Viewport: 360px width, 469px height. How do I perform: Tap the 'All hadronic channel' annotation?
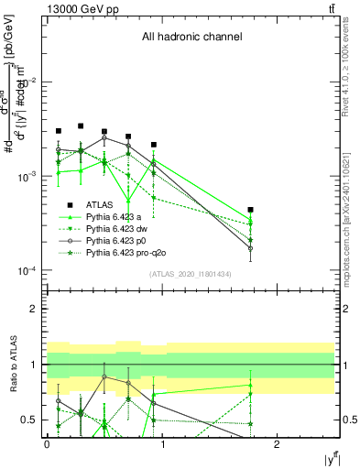[191, 38]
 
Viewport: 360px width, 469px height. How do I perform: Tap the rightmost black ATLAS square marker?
[250, 210]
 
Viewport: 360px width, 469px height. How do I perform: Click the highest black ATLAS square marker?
[81, 125]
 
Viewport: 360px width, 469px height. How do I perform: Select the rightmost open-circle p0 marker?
[250, 248]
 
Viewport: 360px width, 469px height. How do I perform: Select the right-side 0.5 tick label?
[348, 420]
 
